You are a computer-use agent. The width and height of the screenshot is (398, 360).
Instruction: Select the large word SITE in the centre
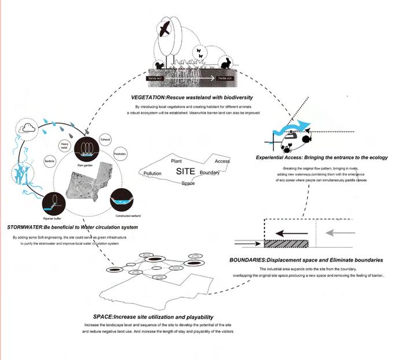(x=185, y=172)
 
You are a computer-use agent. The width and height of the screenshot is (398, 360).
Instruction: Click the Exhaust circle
(x=105, y=140)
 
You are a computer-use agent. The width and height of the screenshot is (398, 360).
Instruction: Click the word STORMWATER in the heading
(x=30, y=227)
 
